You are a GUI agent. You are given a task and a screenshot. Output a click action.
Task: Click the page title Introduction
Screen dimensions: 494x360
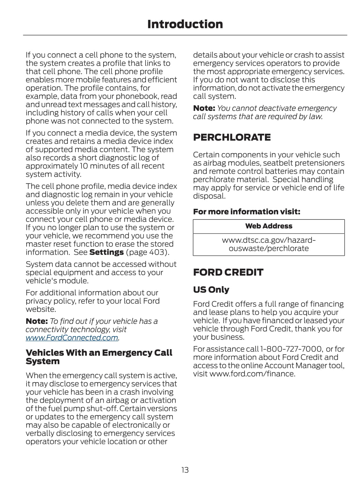coord(185,24)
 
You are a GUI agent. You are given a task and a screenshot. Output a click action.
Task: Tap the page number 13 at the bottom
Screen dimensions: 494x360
coord(185,470)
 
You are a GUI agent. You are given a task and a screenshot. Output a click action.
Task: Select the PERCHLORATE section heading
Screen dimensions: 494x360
coord(232,137)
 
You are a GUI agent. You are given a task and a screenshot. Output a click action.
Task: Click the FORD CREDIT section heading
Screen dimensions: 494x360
coord(228,272)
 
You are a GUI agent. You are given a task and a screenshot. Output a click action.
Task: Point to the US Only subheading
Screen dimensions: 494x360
coord(211,289)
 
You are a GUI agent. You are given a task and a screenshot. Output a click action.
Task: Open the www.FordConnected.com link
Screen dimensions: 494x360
coord(72,338)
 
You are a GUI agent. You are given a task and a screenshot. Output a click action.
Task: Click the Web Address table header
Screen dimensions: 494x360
coord(269,226)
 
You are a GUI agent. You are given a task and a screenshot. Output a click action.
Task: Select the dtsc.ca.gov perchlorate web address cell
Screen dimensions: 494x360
coord(269,244)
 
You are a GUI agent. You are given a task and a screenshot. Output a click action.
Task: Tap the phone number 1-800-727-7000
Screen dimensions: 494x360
coord(291,349)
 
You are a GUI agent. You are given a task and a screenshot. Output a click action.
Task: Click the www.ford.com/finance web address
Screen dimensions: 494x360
coord(252,374)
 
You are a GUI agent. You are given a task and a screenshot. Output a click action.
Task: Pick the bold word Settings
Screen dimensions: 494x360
coord(106,252)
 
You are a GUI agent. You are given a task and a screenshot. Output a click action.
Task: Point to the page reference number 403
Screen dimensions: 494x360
coord(157,252)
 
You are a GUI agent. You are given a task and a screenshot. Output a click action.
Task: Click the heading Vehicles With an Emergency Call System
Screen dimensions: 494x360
coord(99,357)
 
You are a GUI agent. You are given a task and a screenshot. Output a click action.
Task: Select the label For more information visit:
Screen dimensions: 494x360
coord(246,212)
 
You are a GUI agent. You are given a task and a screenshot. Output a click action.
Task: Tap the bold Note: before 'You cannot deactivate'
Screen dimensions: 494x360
coord(204,108)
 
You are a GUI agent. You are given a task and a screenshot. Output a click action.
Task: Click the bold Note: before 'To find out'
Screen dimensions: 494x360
coord(36,321)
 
